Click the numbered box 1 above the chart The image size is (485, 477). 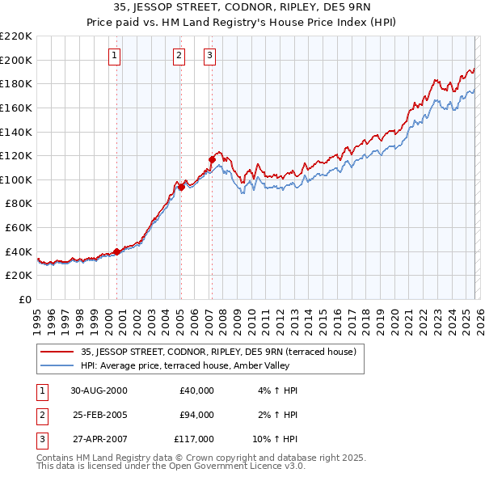pos(115,56)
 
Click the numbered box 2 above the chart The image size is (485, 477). pos(179,56)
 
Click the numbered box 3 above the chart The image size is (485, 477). pos(209,56)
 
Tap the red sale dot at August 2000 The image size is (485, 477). pos(117,251)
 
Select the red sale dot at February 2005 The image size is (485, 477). pos(181,187)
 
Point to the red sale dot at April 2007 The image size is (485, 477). pos(212,159)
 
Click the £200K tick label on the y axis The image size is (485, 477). pos(16,60)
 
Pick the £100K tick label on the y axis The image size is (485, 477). pos(16,179)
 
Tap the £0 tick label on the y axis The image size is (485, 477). pos(23,299)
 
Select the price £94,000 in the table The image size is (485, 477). pos(196,415)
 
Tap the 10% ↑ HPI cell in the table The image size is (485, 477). pos(276,439)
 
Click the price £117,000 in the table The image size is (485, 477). pos(194,439)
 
